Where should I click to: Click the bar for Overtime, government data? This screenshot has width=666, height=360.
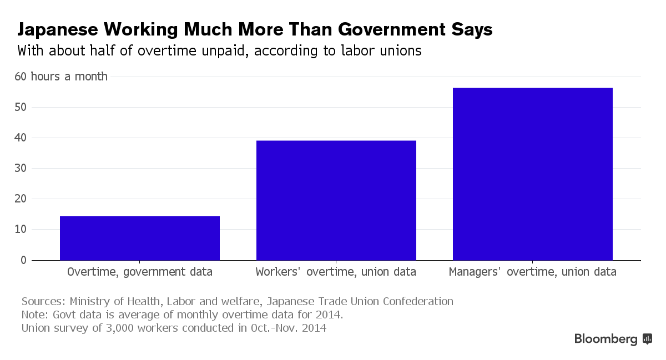140,238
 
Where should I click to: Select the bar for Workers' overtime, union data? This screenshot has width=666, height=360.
336,200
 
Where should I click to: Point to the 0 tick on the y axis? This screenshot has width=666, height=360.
23,260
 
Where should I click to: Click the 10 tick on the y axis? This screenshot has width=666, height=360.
21,230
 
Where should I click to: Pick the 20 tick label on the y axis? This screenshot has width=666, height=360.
21,199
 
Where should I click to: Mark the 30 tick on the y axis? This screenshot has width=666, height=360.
21,169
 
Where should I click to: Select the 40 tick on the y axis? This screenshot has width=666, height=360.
21,138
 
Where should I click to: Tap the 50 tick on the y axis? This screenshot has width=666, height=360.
21,108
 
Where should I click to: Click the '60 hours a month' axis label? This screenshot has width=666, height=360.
61,77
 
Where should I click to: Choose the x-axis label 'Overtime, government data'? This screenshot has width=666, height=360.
140,272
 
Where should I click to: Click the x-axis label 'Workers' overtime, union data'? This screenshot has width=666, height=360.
336,272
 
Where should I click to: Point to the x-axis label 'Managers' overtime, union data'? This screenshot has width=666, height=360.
532,272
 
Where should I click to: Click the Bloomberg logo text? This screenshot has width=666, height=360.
606,339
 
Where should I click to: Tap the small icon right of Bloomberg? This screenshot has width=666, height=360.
647,338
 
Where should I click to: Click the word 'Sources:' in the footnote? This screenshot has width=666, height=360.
43,302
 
